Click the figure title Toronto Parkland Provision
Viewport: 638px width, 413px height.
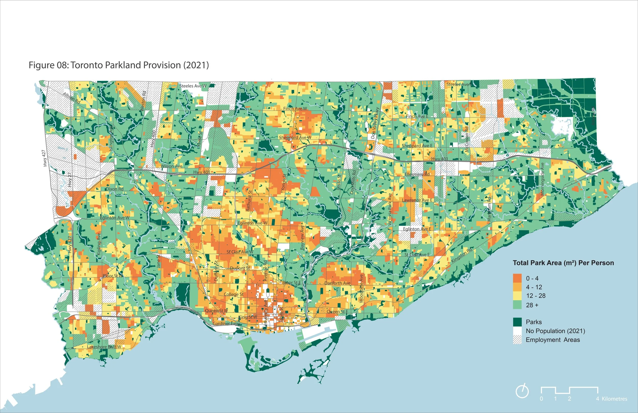click(x=118, y=65)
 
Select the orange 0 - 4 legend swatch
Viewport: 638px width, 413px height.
click(x=517, y=278)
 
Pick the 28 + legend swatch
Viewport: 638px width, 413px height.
click(x=517, y=305)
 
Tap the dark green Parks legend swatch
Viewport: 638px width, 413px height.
click(x=517, y=322)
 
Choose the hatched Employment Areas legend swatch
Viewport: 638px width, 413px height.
click(x=517, y=340)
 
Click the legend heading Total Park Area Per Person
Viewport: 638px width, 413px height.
click(x=563, y=263)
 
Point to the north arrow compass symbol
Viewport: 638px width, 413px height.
click(x=522, y=392)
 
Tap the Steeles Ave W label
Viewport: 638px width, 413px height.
click(x=193, y=86)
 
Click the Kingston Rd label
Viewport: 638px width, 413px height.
click(x=461, y=256)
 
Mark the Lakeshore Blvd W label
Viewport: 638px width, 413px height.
click(x=104, y=347)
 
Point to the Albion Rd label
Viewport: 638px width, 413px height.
click(x=71, y=98)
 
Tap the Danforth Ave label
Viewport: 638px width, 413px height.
click(x=337, y=283)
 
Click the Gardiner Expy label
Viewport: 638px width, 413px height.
click(x=226, y=323)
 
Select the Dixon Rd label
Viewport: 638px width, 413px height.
click(x=115, y=189)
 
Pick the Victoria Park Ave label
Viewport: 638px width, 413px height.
click(x=390, y=209)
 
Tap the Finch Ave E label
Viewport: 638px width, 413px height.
click(x=417, y=116)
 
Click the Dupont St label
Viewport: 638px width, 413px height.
click(x=240, y=268)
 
